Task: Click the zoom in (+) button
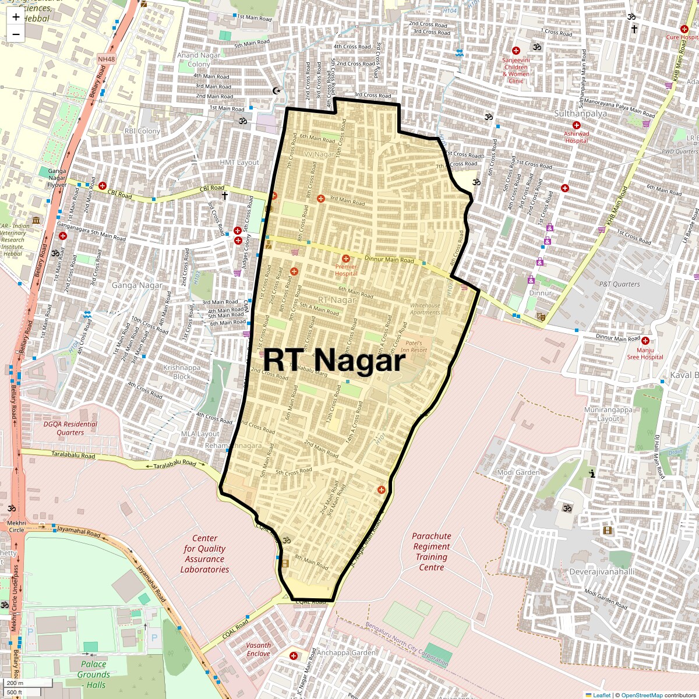pyautogui.click(x=16, y=17)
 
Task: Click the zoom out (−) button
pyautogui.click(x=16, y=34)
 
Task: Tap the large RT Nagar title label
pyautogui.click(x=334, y=361)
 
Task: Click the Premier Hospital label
pyautogui.click(x=346, y=270)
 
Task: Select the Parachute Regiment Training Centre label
pyautogui.click(x=432, y=552)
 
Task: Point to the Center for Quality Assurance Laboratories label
pyautogui.click(x=204, y=554)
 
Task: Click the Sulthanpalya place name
pyautogui.click(x=580, y=114)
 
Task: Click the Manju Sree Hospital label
pyautogui.click(x=645, y=354)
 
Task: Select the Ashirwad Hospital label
pyautogui.click(x=576, y=137)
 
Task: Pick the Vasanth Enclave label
pyautogui.click(x=258, y=649)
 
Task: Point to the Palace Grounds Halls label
pyautogui.click(x=93, y=674)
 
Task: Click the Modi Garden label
pyautogui.click(x=518, y=472)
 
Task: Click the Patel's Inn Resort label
pyautogui.click(x=414, y=347)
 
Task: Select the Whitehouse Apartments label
pyautogui.click(x=425, y=309)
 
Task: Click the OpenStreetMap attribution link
pyautogui.click(x=641, y=695)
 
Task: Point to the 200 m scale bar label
pyautogui.click(x=16, y=683)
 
